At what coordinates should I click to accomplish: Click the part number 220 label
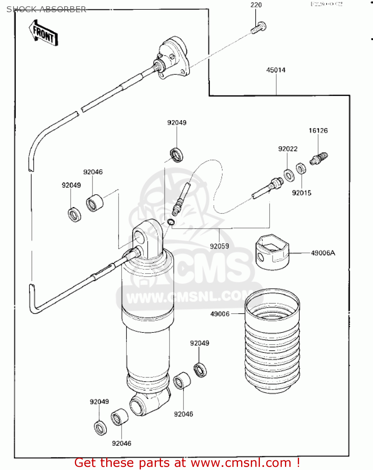256,5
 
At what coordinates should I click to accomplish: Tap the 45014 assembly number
276,70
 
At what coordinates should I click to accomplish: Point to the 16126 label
318,130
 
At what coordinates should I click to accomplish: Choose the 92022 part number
288,149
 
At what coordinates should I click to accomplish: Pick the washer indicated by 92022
289,175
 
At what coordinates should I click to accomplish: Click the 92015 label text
301,193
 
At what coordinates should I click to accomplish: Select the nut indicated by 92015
301,169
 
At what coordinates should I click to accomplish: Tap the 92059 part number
219,246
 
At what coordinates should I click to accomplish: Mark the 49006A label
323,253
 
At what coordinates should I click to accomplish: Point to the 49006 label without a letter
220,314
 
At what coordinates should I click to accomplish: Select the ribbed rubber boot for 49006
272,342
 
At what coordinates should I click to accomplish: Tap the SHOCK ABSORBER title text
46,9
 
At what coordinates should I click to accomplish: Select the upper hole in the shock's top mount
139,237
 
